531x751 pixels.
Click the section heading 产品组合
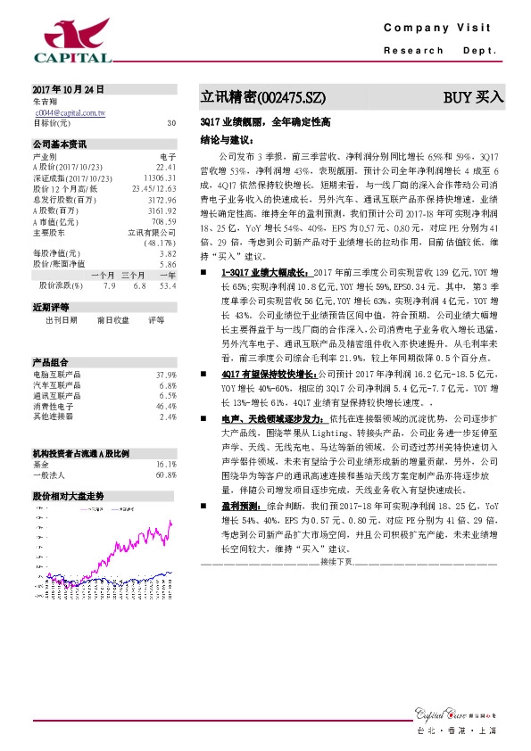coord(50,336)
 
